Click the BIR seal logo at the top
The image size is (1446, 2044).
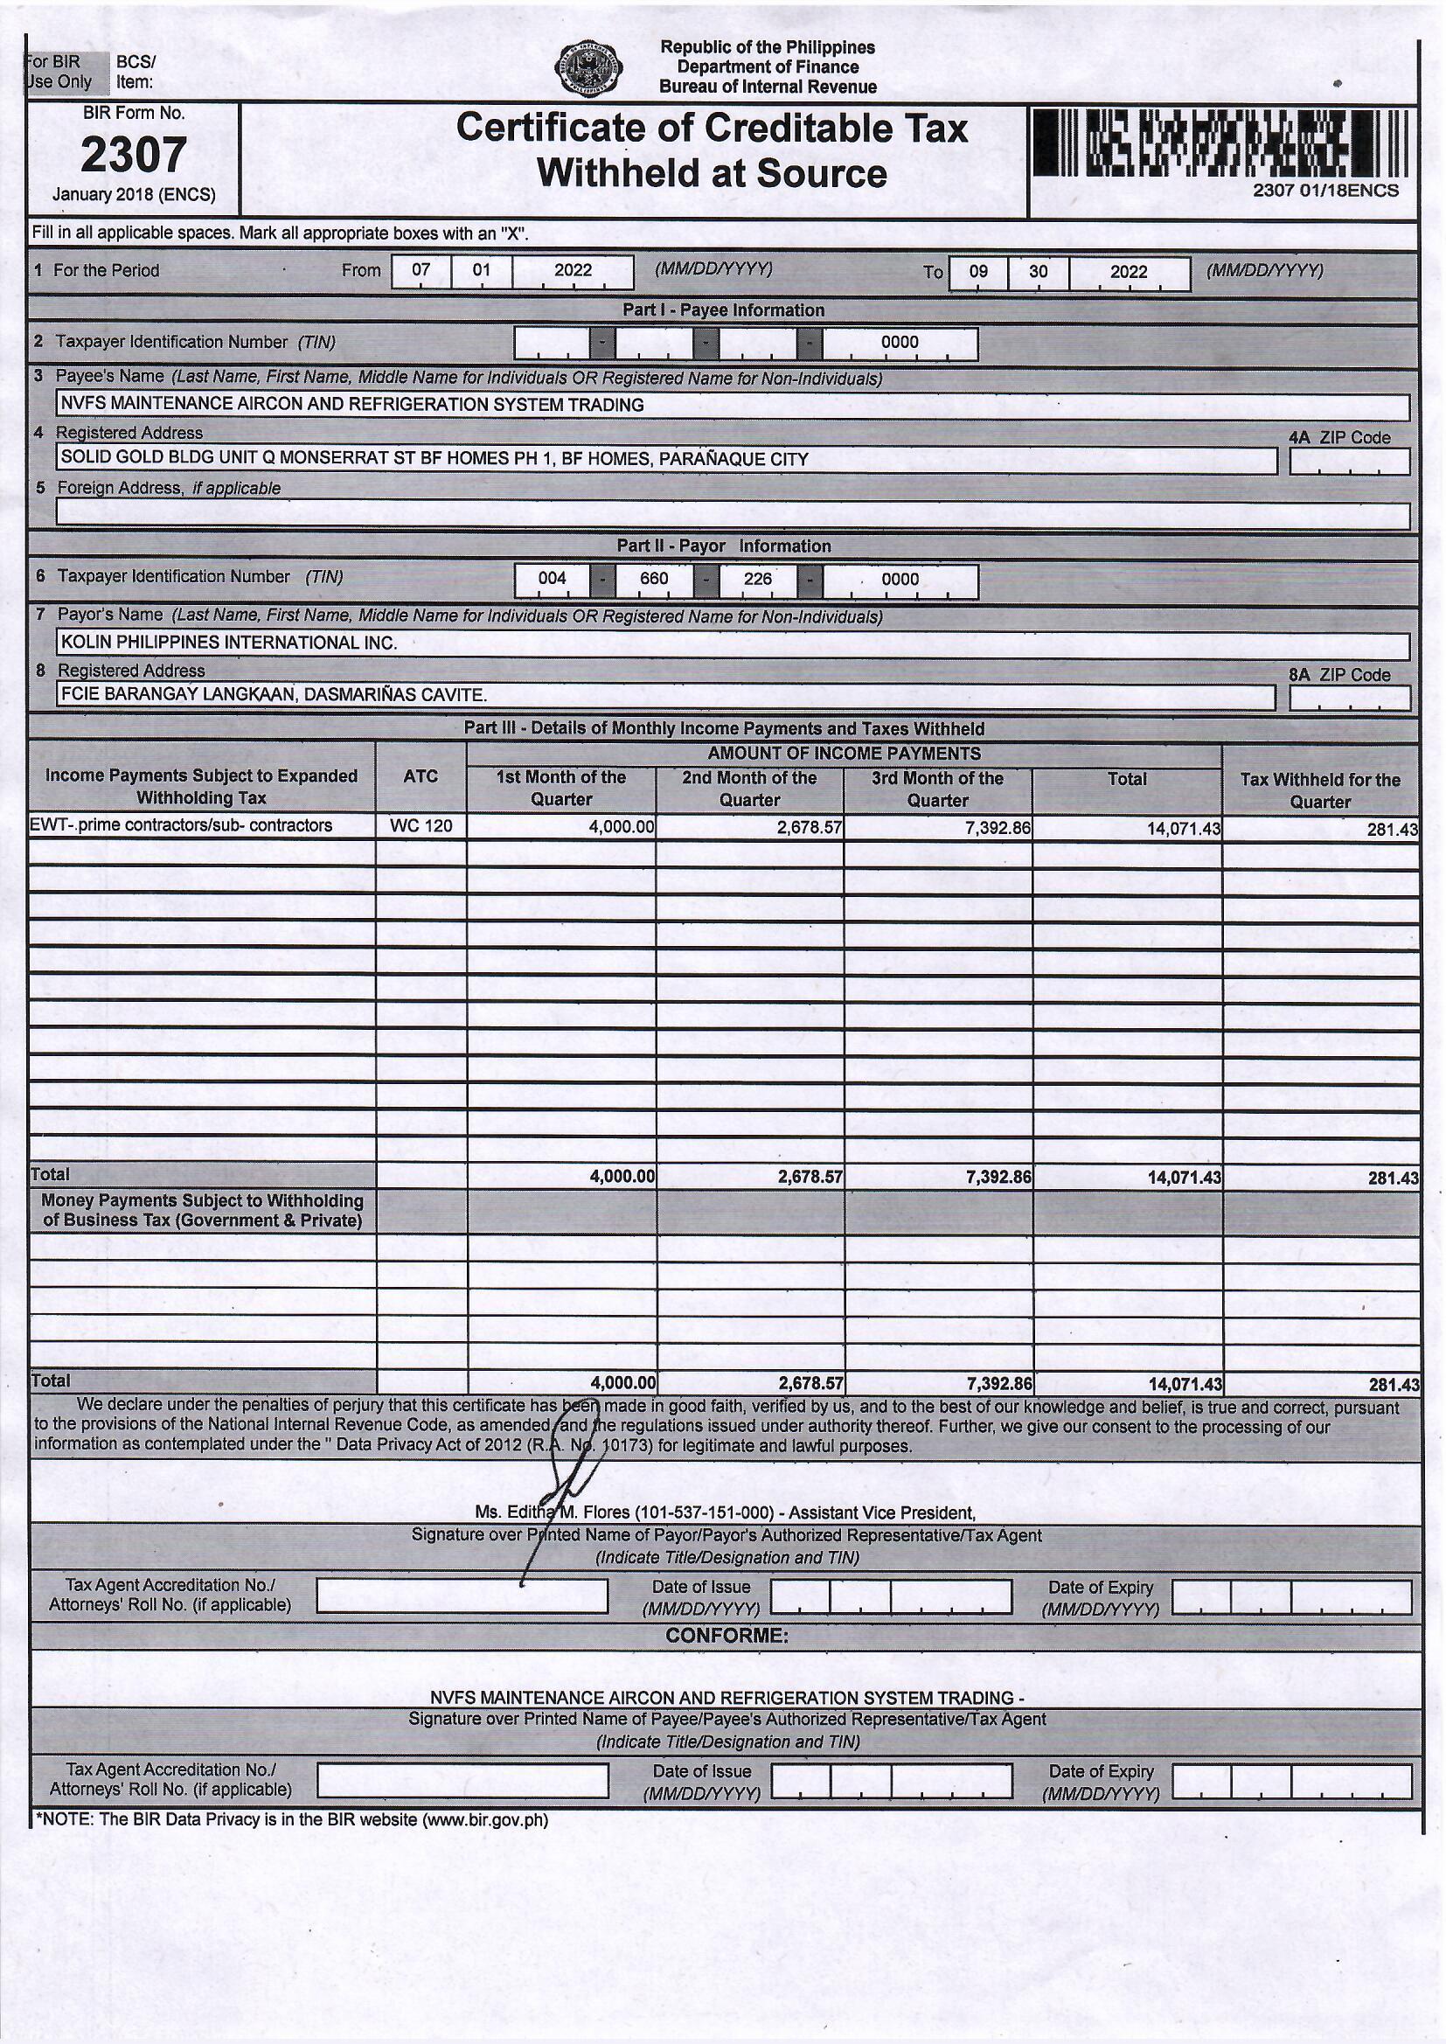click(587, 68)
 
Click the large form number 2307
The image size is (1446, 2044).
click(134, 155)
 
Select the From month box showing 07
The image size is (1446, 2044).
click(421, 271)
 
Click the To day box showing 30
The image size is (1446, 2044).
click(1039, 273)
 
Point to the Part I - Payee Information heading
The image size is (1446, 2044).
click(722, 309)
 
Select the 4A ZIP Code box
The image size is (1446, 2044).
click(1349, 461)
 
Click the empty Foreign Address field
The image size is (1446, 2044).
click(732, 515)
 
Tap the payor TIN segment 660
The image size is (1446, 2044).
click(654, 580)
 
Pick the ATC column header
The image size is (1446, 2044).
click(421, 776)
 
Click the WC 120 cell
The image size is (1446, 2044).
click(421, 826)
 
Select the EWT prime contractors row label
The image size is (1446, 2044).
click(182, 825)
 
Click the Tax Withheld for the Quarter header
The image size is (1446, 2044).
click(1319, 790)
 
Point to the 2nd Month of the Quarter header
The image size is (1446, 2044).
click(749, 789)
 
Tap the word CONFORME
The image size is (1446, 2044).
click(726, 1637)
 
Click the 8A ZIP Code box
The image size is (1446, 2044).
click(1349, 698)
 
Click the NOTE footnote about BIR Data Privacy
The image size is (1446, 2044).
click(291, 1820)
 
